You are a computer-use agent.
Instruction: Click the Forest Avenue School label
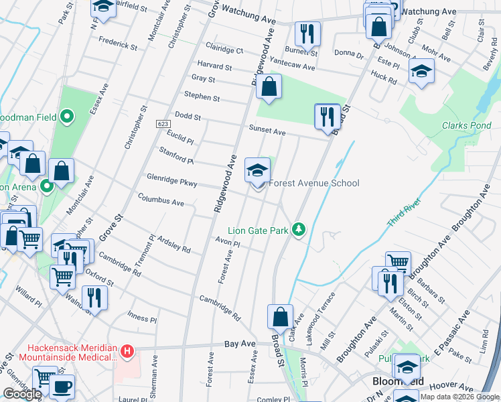click(x=314, y=183)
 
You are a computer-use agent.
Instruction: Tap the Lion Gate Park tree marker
click(x=299, y=230)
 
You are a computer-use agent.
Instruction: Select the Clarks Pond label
click(x=466, y=125)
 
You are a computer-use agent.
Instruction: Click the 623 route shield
click(x=163, y=124)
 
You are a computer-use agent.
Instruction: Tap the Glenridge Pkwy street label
click(x=171, y=180)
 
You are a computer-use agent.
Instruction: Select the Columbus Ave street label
click(x=161, y=201)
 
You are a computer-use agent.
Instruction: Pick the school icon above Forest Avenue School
click(x=257, y=171)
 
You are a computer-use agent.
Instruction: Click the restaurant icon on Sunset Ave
click(x=326, y=117)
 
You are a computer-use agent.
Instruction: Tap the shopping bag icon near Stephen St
click(x=269, y=88)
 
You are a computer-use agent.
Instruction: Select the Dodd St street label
click(x=188, y=117)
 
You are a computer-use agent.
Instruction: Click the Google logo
click(x=22, y=394)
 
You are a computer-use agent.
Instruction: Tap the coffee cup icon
click(x=62, y=387)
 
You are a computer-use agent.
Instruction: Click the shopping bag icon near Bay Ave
click(x=280, y=317)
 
